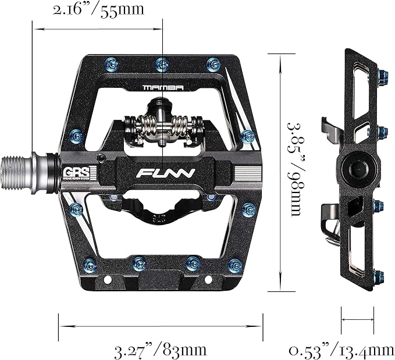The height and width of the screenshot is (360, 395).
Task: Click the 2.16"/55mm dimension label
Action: pyautogui.click(x=98, y=10)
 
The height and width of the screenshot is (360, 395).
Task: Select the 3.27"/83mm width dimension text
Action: pyautogui.click(x=161, y=350)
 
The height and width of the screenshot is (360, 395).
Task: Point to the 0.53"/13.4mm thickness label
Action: pyautogui.click(x=341, y=350)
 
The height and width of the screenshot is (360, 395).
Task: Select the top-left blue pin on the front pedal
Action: pyautogui.click(x=109, y=62)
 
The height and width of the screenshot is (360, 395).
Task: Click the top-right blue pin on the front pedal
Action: pyautogui.click(x=213, y=62)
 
